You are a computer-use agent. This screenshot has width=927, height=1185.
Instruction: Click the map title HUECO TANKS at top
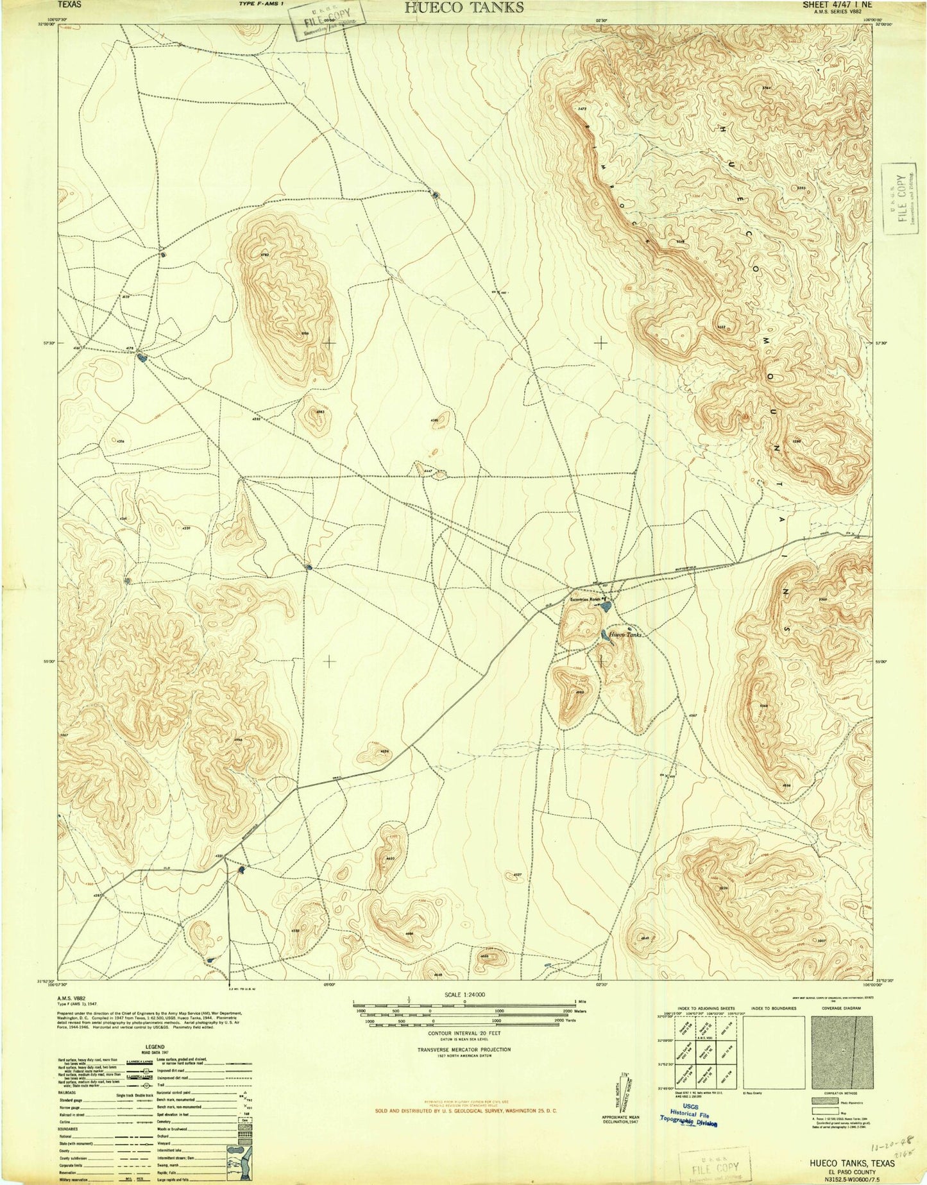point(463,8)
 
